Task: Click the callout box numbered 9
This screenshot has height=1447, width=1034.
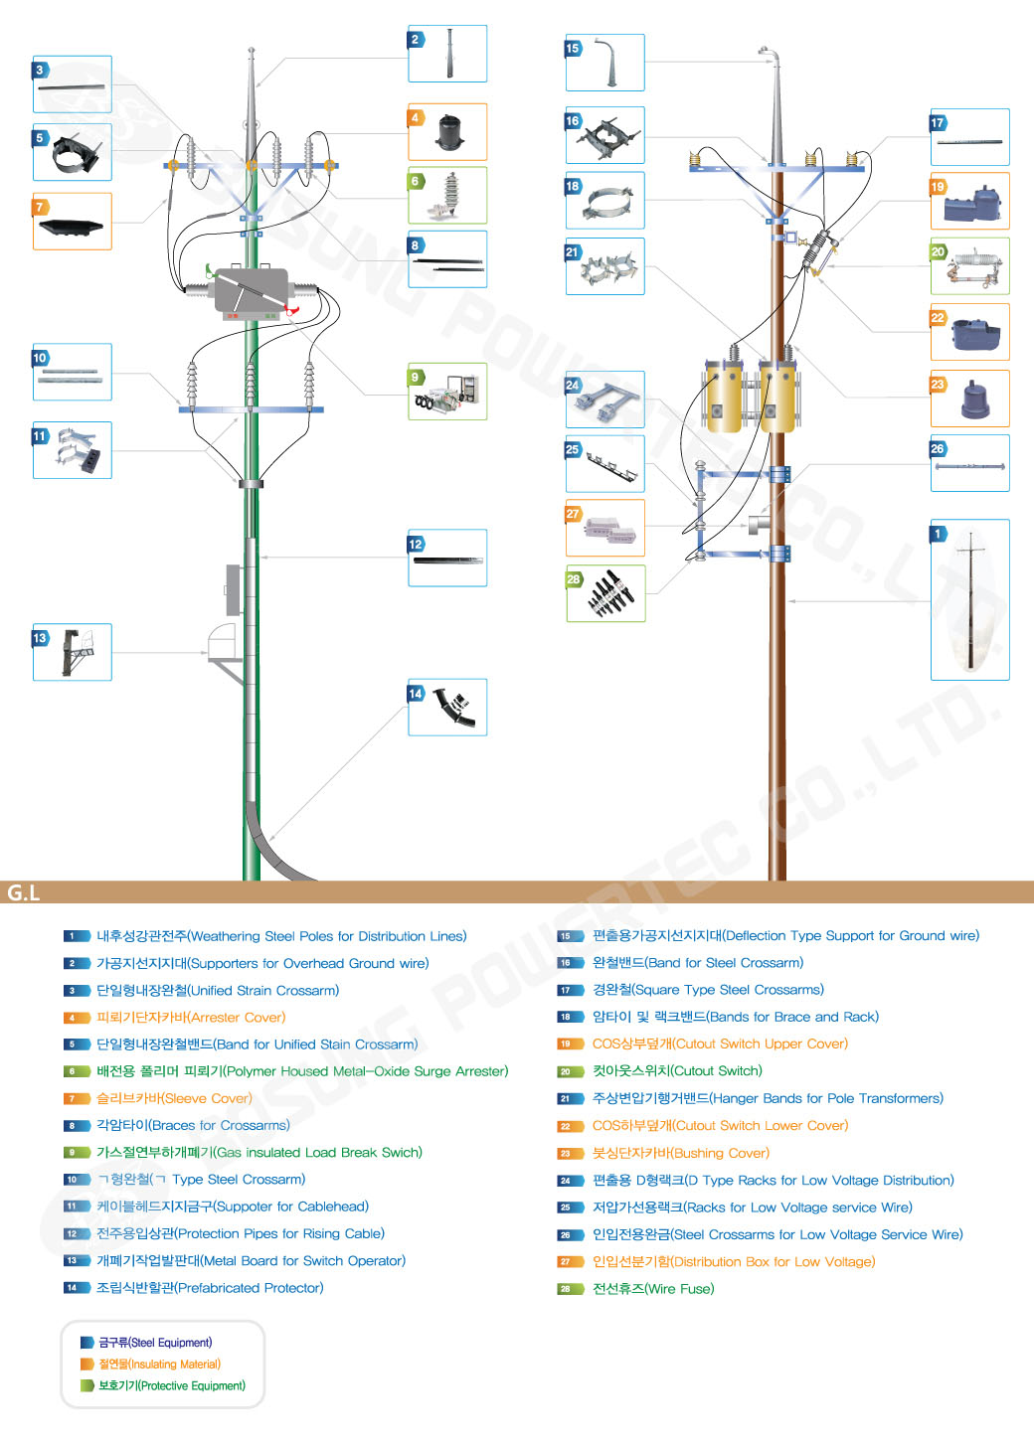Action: click(x=447, y=391)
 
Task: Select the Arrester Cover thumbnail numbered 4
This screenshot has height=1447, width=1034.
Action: click(x=447, y=131)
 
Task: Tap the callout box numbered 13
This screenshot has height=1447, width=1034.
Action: click(x=72, y=652)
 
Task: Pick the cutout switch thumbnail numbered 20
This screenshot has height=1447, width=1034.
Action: click(x=970, y=265)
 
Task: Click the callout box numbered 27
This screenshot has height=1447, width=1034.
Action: click(x=604, y=528)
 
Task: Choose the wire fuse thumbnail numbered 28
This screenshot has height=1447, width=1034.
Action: click(x=605, y=593)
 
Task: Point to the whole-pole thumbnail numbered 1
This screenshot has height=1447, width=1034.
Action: click(x=970, y=599)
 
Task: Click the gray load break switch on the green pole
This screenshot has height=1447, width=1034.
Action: click(x=252, y=291)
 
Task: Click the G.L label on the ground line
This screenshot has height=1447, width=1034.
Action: click(x=23, y=892)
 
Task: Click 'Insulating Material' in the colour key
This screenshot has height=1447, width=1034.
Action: click(x=159, y=1365)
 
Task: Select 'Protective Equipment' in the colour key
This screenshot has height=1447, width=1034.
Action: click(x=171, y=1385)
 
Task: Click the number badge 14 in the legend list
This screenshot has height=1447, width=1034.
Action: click(x=72, y=1288)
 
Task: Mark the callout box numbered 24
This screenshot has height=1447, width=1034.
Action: click(x=604, y=400)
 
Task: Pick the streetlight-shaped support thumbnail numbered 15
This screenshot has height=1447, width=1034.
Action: click(x=604, y=63)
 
